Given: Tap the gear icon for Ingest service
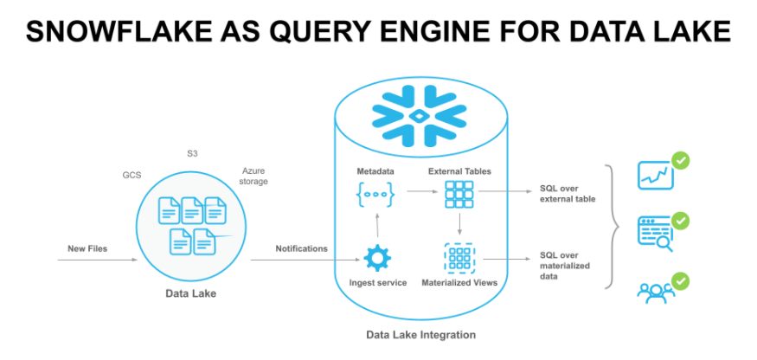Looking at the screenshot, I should [376, 258].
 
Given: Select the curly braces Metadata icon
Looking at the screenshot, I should [376, 196].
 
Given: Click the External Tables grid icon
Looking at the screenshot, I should [459, 196].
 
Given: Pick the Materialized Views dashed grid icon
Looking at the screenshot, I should [459, 258].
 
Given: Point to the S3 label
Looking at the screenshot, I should [193, 154].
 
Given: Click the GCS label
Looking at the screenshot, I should [132, 174].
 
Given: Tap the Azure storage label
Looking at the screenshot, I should [254, 177].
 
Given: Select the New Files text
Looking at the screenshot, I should [87, 249].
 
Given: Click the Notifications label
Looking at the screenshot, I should [301, 248].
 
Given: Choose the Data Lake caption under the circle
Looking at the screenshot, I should [190, 294].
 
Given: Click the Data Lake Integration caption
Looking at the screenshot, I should [419, 334].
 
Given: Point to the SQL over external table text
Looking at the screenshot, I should [564, 194].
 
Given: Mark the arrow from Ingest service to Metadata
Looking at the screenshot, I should [376, 227].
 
